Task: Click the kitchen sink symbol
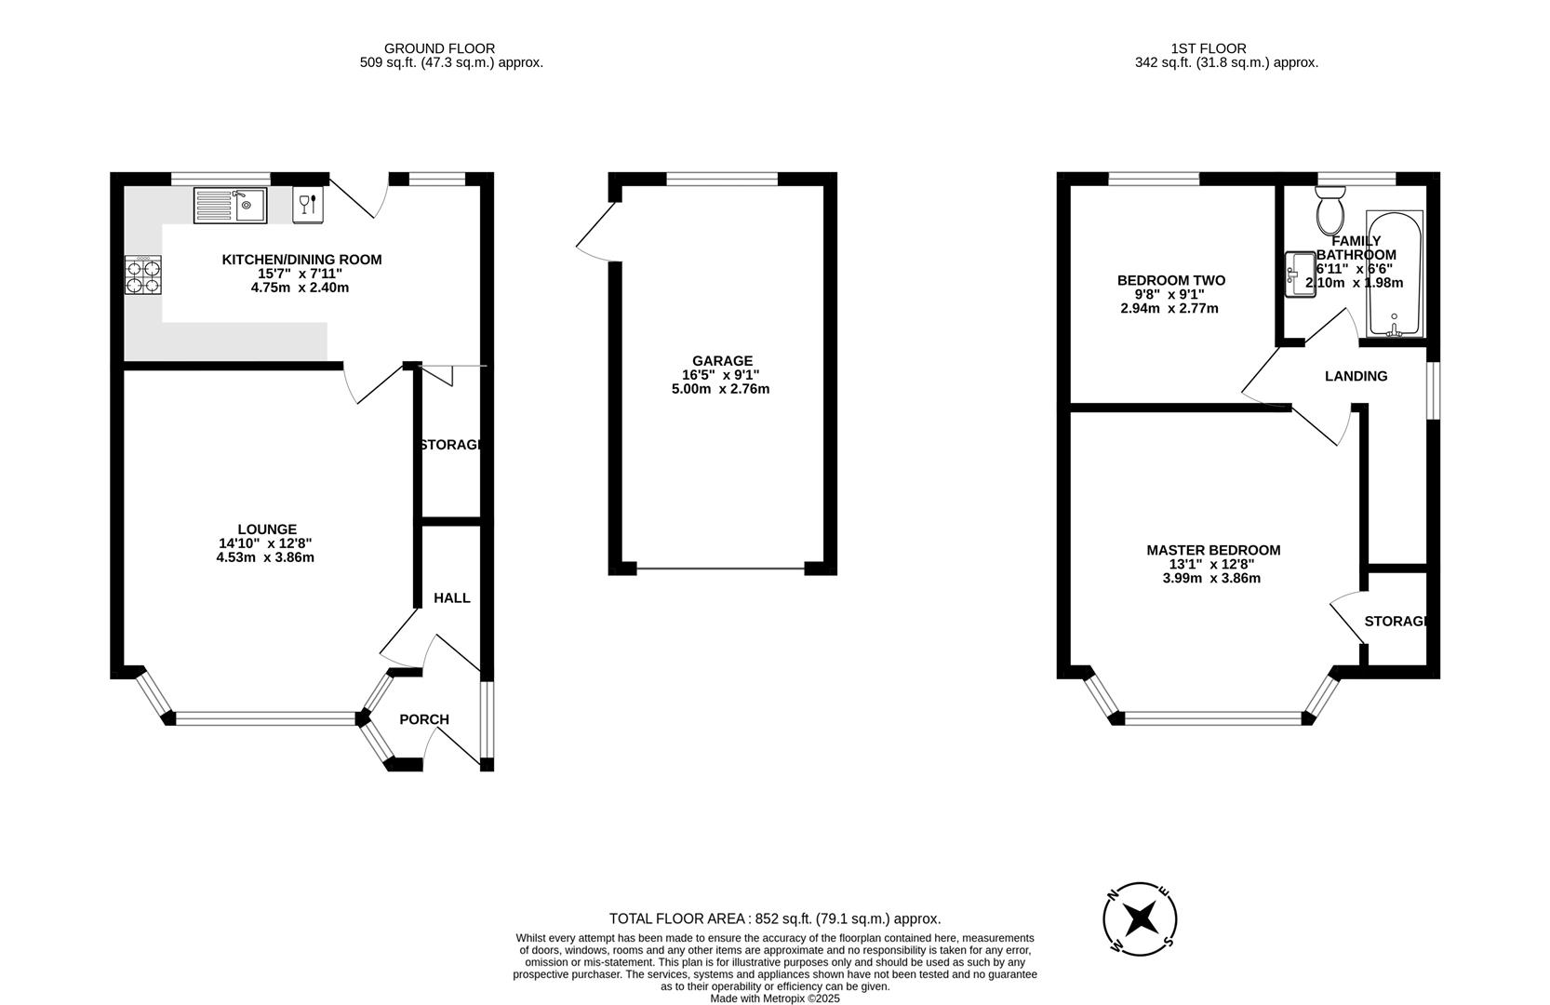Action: (x=230, y=206)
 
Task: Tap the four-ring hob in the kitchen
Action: (x=142, y=276)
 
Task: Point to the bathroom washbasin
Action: (x=1300, y=275)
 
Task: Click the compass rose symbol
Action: (x=1140, y=919)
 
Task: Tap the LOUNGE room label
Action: (x=266, y=529)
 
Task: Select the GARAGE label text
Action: (x=722, y=361)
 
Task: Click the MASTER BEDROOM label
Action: (x=1212, y=550)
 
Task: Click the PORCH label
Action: (x=423, y=719)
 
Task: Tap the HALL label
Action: (x=451, y=597)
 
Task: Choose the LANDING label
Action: (x=1356, y=376)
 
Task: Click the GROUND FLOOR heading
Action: (x=439, y=48)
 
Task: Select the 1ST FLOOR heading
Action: (x=1208, y=48)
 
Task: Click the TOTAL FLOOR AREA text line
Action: (x=774, y=918)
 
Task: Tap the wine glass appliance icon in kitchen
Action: (x=308, y=205)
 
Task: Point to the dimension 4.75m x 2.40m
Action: (x=300, y=288)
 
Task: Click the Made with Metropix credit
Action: (x=774, y=998)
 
